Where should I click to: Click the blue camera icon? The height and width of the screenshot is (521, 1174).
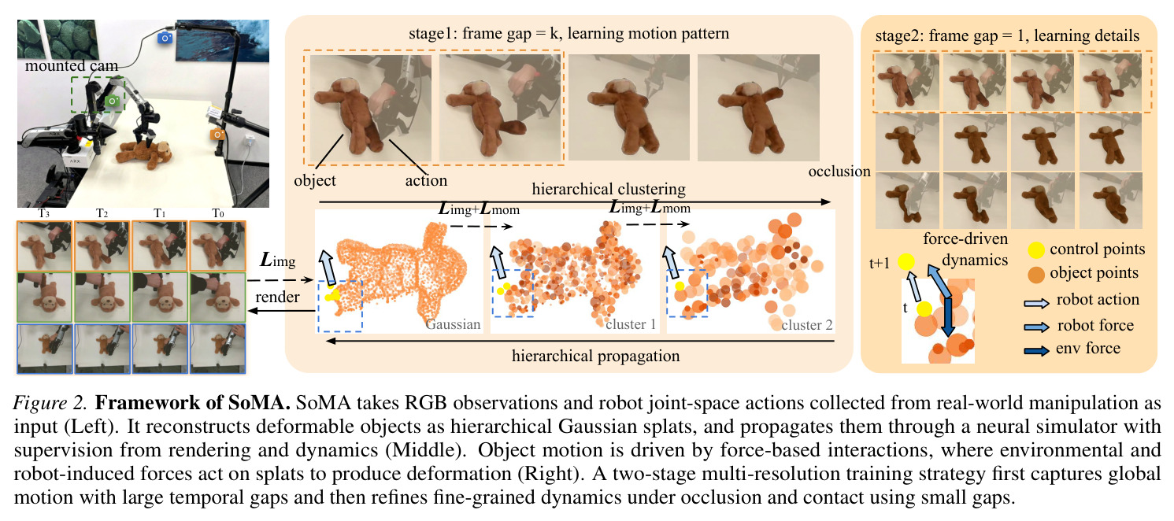[165, 37]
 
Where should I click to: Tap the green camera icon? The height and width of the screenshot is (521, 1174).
[113, 101]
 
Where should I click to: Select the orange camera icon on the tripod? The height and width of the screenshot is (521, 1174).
[217, 134]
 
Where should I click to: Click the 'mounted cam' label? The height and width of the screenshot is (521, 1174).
[72, 66]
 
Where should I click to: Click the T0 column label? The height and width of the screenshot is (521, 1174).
[218, 213]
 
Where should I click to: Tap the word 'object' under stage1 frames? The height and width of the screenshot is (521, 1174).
[314, 181]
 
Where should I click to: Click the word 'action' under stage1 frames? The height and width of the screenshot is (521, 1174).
[426, 181]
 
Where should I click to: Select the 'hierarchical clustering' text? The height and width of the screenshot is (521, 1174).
[609, 189]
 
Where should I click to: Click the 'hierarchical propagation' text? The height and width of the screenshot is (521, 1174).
[595, 356]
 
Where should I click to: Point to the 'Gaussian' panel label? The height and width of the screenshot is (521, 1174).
[453, 325]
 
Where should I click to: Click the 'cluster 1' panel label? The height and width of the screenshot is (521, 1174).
[631, 325]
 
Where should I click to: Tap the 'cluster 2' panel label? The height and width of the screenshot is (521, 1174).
[806, 325]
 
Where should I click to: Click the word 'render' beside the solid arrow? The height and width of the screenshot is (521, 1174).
[277, 297]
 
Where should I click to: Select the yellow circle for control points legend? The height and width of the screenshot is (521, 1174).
[1035, 250]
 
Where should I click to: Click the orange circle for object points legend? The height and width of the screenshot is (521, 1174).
[1035, 275]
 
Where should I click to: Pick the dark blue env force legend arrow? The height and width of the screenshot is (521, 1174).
[1037, 350]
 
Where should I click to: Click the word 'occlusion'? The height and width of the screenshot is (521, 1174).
[839, 172]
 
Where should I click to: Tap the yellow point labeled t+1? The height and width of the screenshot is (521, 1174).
[906, 262]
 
